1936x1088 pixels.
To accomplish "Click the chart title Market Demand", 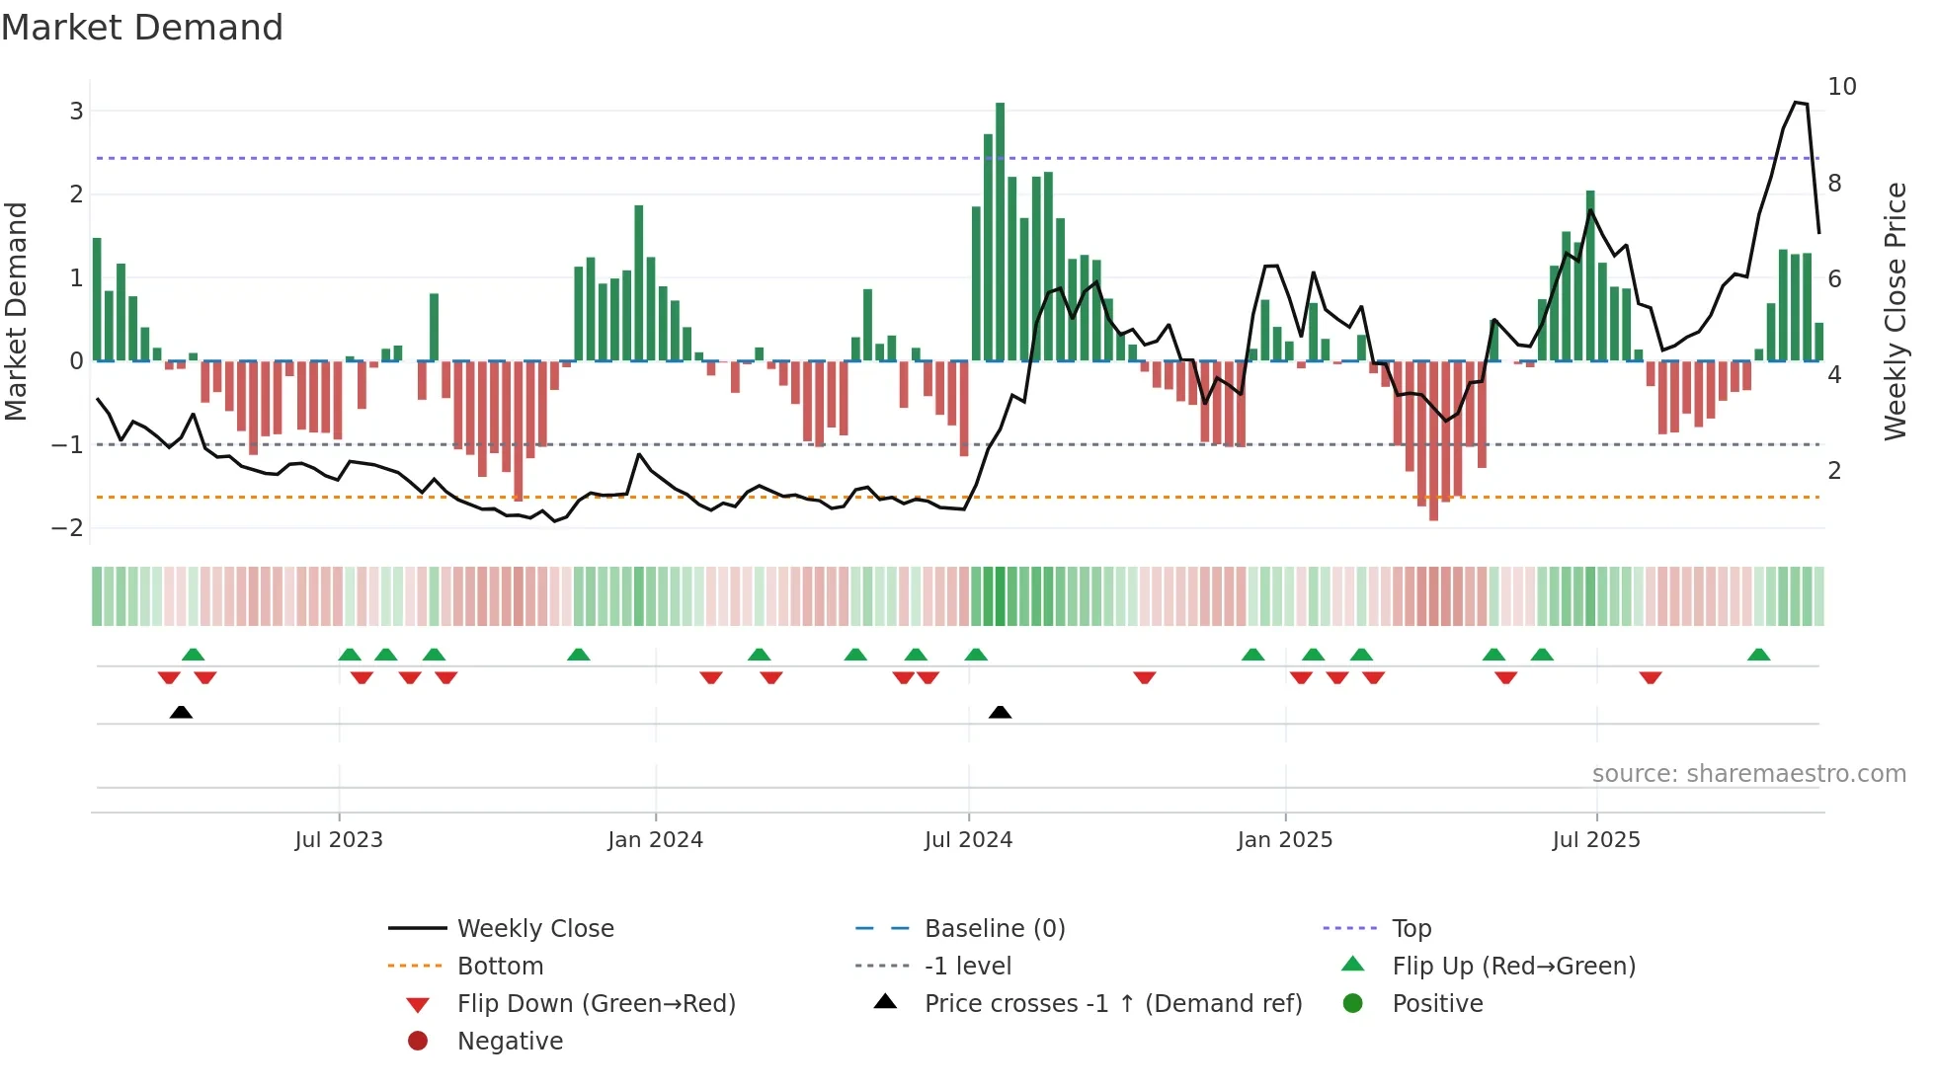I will [x=142, y=28].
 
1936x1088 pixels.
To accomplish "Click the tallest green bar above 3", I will [x=1000, y=231].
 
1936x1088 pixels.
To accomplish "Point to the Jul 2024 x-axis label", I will [x=968, y=840].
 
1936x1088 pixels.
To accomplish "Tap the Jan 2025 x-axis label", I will [x=1284, y=840].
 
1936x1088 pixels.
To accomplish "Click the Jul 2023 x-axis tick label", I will [x=339, y=840].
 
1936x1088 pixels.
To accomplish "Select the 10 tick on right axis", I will [x=1841, y=87].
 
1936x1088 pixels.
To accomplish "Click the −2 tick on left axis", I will [x=68, y=527].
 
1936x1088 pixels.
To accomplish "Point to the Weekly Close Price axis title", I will [x=1895, y=311].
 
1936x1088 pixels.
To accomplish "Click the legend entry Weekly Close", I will [x=534, y=929].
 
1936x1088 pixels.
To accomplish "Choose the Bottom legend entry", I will [x=500, y=967].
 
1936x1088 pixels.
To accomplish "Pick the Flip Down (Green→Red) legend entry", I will [x=596, y=1004].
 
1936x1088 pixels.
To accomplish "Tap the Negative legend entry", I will [x=510, y=1042].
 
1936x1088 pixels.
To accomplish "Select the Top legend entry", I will [x=1412, y=929].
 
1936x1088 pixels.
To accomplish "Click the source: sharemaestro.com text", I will [x=1748, y=774].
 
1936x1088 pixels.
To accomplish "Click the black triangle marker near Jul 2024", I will [x=1000, y=712].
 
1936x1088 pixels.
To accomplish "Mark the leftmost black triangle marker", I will [x=181, y=712].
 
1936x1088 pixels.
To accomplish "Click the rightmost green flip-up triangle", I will [x=1758, y=655].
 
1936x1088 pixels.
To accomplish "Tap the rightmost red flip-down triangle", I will [x=1650, y=677].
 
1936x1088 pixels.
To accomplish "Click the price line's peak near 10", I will [x=1797, y=103].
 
